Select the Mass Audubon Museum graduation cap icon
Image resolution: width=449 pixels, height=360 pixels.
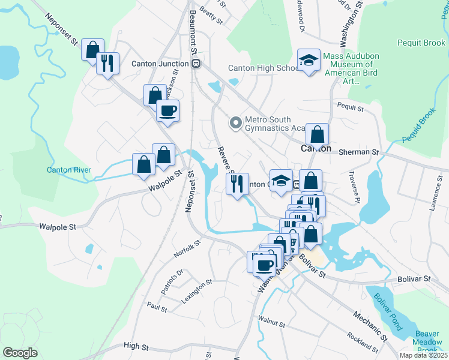(x=309, y=60)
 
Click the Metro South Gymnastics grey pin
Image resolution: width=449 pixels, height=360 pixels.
(x=236, y=123)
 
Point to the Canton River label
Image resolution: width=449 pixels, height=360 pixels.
(x=69, y=170)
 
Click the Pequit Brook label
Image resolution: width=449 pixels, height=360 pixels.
(x=421, y=43)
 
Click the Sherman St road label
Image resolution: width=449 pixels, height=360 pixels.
(x=355, y=152)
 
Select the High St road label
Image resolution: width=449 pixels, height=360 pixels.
(x=136, y=346)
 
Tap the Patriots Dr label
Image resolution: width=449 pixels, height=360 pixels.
(x=171, y=281)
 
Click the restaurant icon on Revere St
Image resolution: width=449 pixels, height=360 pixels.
(x=237, y=183)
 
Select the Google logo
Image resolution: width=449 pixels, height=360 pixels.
(x=20, y=353)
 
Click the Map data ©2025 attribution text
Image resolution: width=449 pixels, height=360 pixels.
(x=424, y=355)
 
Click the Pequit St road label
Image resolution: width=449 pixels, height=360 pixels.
(x=351, y=109)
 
